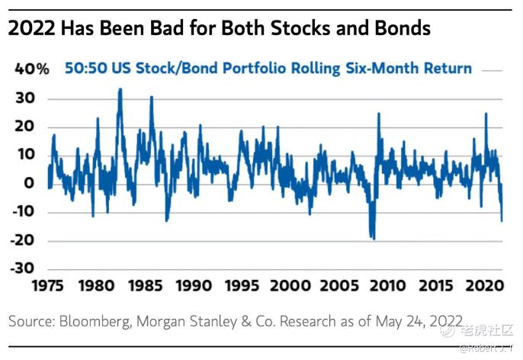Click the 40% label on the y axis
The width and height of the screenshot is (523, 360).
click(32, 69)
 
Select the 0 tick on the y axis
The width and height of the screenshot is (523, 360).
click(30, 183)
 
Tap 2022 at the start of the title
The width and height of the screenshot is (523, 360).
click(32, 29)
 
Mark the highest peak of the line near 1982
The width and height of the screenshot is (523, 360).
click(120, 89)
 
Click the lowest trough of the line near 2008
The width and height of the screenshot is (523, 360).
click(373, 239)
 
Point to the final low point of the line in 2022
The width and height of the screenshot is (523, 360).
click(502, 221)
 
